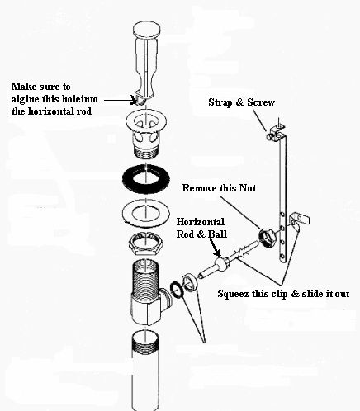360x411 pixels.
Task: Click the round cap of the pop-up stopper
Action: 146,30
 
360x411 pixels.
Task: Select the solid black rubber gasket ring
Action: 146,178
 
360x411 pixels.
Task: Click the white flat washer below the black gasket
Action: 146,213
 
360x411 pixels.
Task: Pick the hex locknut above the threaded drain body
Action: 145,244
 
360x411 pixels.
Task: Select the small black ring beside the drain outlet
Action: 176,290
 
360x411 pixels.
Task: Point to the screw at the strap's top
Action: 271,136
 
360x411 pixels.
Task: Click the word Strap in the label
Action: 220,102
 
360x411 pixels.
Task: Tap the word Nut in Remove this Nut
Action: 248,188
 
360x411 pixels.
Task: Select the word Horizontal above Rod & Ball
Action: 201,222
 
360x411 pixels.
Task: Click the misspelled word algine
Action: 26,99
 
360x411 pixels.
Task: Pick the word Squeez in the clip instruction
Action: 229,294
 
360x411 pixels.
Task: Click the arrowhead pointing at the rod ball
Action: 217,253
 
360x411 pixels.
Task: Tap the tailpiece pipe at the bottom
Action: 145,371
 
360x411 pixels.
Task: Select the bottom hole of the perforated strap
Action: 282,257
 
